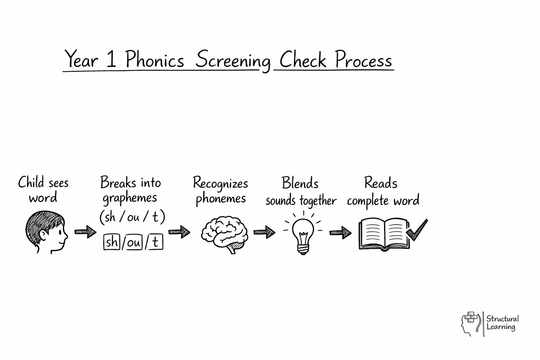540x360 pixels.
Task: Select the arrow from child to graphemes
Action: [x=85, y=232]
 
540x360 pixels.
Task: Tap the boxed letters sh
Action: [x=112, y=242]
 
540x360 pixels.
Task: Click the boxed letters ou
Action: [x=134, y=242]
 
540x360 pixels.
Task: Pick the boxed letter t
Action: [x=155, y=242]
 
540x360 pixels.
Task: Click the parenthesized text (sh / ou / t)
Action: [x=132, y=217]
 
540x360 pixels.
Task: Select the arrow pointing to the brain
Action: [x=179, y=232]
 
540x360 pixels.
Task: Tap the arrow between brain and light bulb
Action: [x=264, y=232]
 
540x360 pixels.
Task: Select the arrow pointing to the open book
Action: [x=340, y=232]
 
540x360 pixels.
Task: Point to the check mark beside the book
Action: [x=417, y=230]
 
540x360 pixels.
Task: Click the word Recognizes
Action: [x=220, y=183]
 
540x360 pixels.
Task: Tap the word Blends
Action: [x=300, y=183]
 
